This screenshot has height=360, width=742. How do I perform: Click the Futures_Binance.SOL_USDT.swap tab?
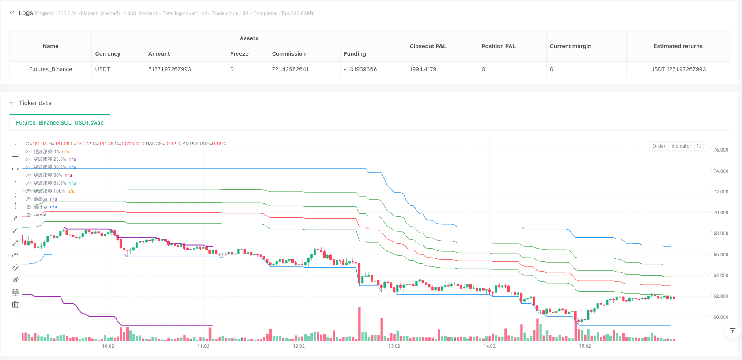click(60, 123)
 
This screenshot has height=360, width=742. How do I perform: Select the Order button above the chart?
click(659, 146)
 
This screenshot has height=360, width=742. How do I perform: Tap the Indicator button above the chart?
click(681, 146)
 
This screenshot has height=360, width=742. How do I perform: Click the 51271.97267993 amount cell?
click(170, 69)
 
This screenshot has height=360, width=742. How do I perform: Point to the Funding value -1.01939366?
click(360, 69)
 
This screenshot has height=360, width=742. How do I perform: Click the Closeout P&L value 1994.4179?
click(423, 69)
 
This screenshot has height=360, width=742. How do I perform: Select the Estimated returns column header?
click(678, 46)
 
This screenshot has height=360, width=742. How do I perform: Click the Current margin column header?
click(570, 46)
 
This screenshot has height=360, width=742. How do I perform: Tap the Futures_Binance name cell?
click(50, 69)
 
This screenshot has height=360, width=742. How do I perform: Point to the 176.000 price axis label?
click(719, 150)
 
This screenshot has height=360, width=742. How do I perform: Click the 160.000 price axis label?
click(719, 317)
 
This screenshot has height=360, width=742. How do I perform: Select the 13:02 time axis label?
click(394, 346)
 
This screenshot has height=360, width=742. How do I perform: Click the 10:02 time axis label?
click(108, 346)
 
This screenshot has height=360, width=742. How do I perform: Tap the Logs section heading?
click(26, 13)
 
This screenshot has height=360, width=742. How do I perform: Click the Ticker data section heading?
click(35, 103)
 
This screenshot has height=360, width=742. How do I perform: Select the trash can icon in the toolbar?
click(15, 304)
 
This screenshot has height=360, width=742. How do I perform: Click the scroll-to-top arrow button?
click(732, 331)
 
